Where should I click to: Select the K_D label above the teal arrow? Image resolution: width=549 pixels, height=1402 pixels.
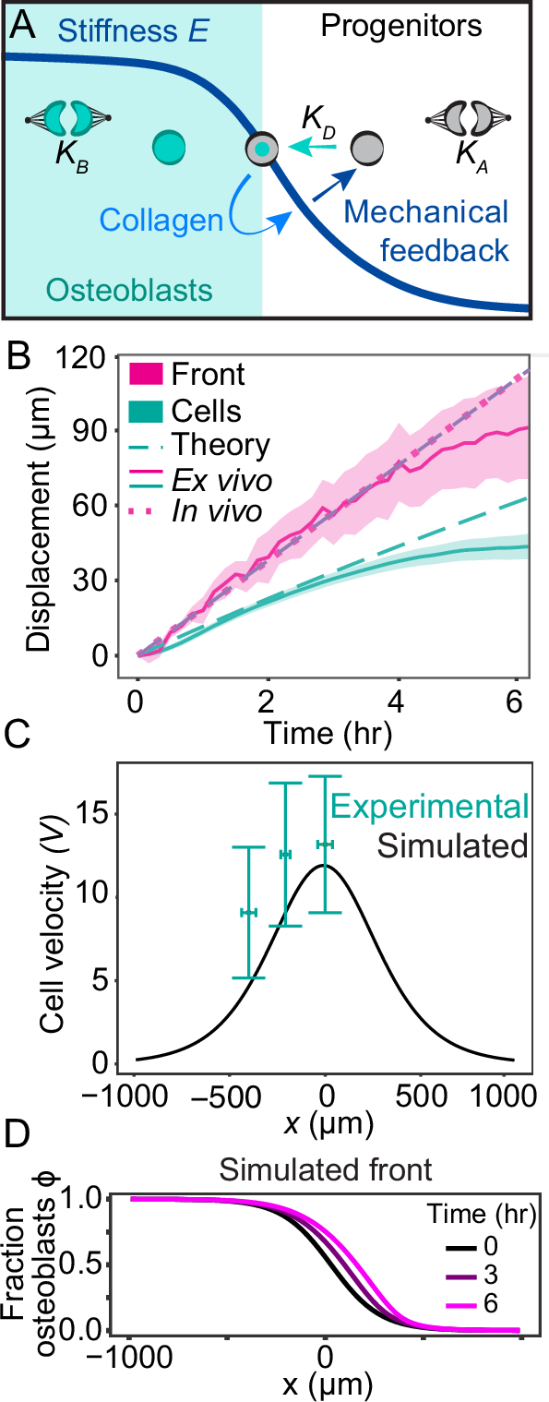318,119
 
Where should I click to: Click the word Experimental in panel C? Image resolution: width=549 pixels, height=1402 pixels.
430,806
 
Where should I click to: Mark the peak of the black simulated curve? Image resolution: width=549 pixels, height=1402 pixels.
325,865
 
